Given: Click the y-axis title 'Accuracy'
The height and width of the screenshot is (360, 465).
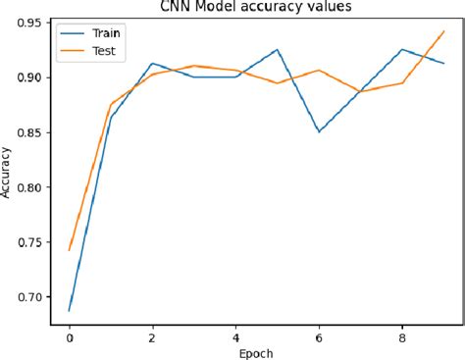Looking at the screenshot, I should (x=8, y=173).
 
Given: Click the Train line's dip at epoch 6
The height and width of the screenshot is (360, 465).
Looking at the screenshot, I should (x=319, y=131).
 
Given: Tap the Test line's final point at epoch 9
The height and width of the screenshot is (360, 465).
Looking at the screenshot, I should (x=443, y=30).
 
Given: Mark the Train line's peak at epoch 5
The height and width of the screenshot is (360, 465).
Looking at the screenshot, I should (x=278, y=49).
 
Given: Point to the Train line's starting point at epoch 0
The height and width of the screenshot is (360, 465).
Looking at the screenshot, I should (x=69, y=310).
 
